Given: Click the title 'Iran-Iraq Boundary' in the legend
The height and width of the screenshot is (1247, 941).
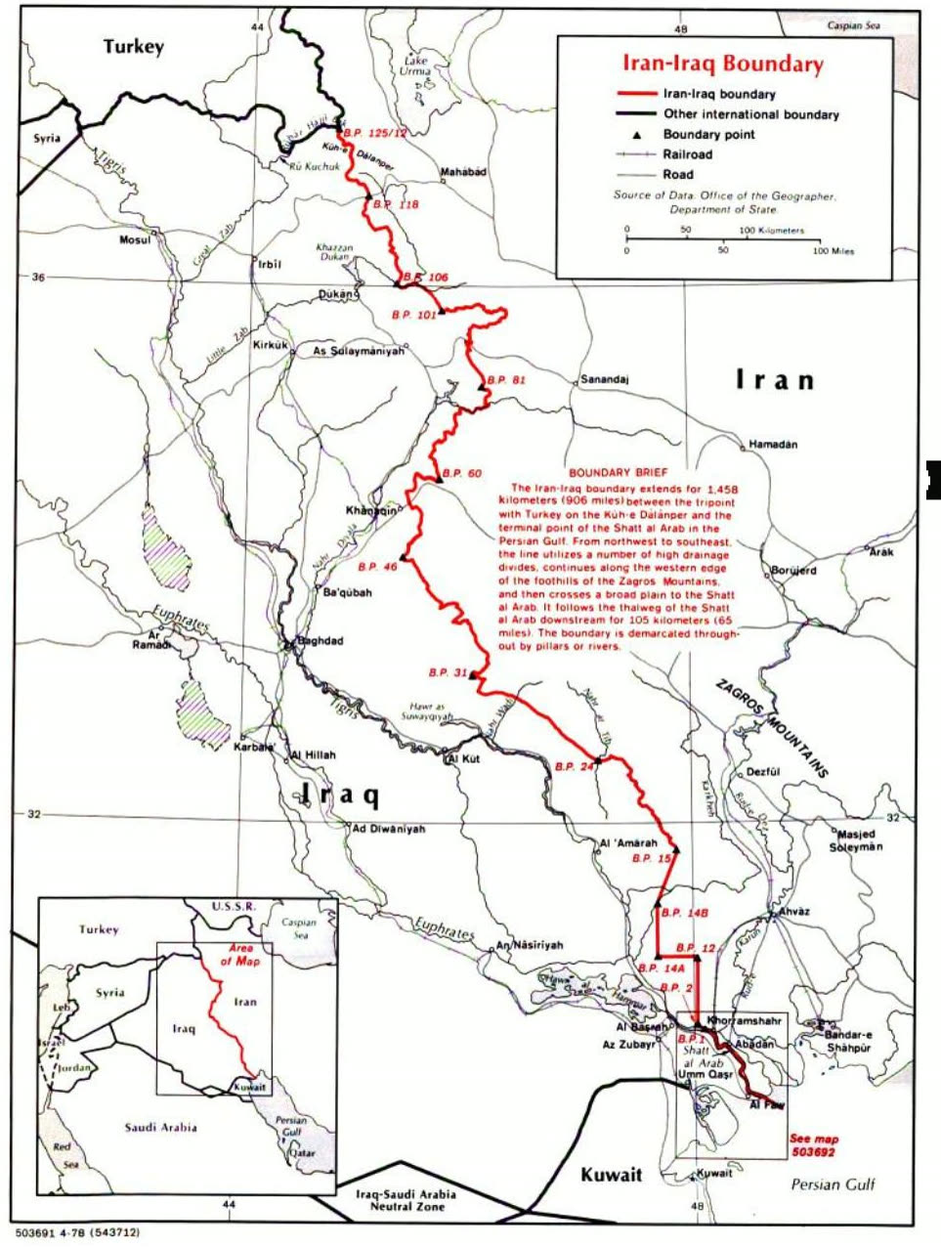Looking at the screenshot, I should coord(723,64).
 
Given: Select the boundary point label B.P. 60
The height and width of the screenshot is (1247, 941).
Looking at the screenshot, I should coord(462,474).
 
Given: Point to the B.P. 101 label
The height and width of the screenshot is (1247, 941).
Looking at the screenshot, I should coord(412,315).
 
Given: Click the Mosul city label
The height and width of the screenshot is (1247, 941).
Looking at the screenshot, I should coord(135,240).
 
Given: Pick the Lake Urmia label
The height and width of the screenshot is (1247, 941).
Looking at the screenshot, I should coord(416,66).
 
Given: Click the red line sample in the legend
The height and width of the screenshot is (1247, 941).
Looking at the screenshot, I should coord(635,95).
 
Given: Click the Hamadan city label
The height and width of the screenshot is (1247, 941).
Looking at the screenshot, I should coord(773,445).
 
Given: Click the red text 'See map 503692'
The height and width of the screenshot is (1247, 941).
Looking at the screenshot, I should coord(813,1145).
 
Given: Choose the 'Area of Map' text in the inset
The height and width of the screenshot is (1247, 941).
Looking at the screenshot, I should coord(238,955).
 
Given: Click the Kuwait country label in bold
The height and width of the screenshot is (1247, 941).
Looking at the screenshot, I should coord(612,1174).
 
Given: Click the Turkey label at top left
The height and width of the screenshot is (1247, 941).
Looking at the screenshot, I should coord(134,47).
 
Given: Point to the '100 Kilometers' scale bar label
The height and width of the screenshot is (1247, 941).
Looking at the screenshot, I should coord(772,231).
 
